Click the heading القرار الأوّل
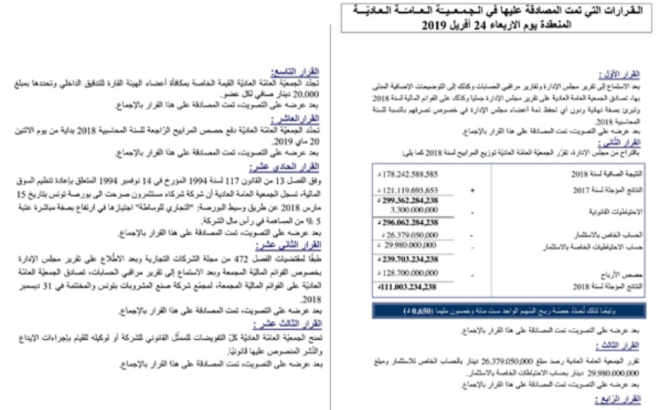tap(621, 74)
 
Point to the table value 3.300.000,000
tap(411, 212)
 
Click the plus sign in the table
tap(472, 191)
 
